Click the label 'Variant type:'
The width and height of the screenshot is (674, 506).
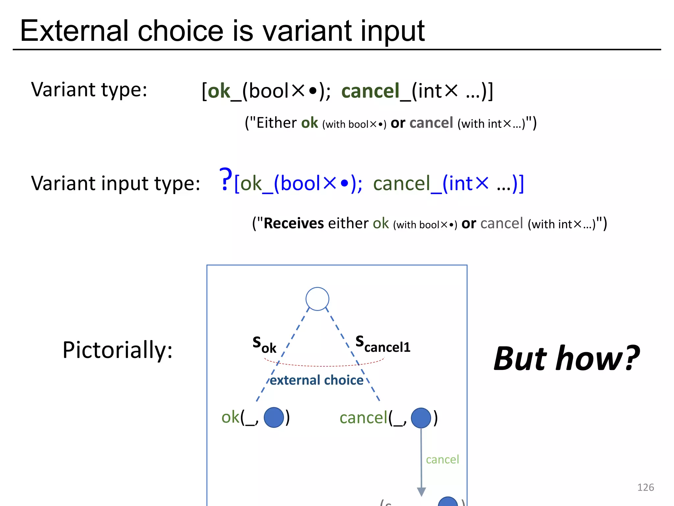(89, 90)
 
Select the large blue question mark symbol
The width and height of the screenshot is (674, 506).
(225, 180)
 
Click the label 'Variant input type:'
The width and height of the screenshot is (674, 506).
(116, 183)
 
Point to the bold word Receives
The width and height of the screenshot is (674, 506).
(294, 223)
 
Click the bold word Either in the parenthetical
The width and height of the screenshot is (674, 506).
(276, 123)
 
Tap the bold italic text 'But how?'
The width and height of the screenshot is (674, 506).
(566, 358)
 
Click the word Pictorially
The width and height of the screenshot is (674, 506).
(117, 350)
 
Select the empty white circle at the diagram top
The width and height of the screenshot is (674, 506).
(317, 299)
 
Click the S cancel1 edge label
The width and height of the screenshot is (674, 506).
(383, 344)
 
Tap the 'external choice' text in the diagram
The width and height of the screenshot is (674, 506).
(317, 380)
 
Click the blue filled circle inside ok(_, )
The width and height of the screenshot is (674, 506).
(274, 417)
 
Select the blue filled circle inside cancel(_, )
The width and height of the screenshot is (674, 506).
(421, 418)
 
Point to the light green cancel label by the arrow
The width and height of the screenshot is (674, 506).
(442, 459)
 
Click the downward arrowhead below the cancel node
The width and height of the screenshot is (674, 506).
(421, 492)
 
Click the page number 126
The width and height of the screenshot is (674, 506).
(645, 487)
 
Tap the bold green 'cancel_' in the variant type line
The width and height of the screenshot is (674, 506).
(376, 91)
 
